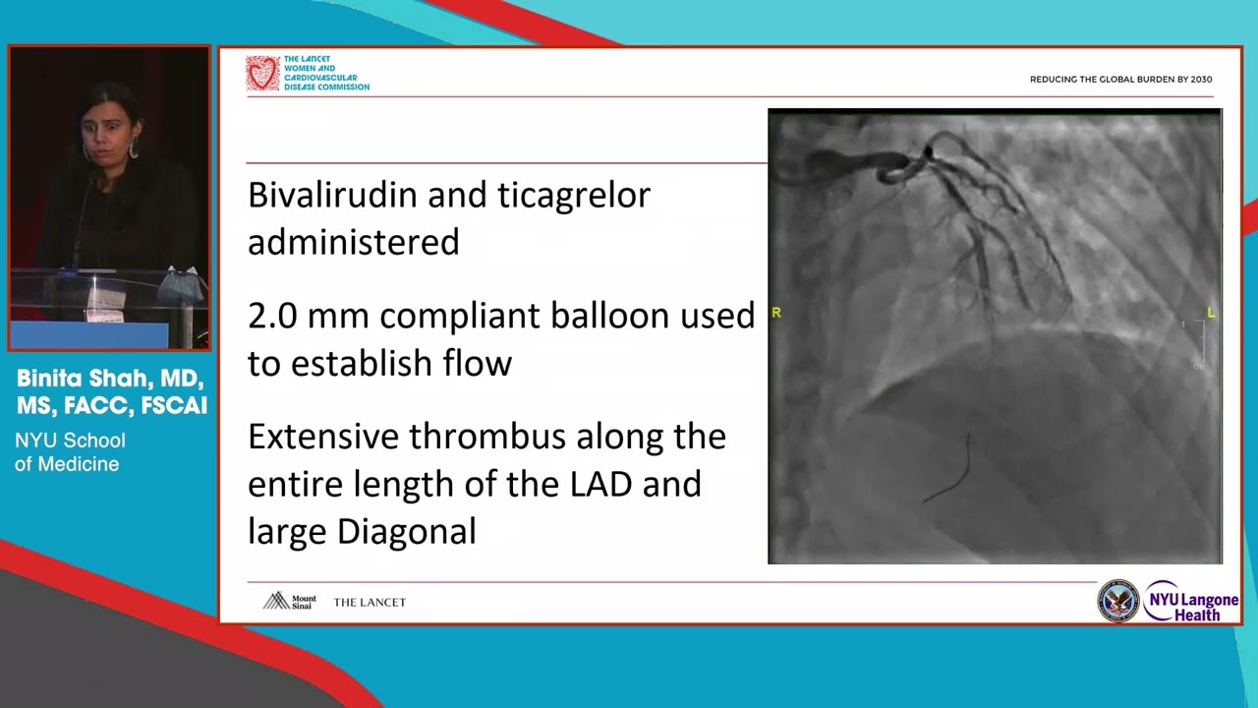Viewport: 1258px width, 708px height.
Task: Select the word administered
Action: point(353,242)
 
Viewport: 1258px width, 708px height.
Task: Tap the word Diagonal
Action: point(406,532)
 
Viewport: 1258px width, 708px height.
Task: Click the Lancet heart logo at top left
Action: point(262,74)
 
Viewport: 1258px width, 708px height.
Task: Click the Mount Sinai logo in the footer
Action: point(289,601)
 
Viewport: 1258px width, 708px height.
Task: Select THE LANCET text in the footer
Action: point(370,602)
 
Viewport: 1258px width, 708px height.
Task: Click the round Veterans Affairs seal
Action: point(1117,601)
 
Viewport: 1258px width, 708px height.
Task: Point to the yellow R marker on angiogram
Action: point(776,313)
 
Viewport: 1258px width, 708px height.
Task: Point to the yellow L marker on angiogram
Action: point(1211,313)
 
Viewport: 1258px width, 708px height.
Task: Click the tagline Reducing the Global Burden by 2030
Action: point(1120,80)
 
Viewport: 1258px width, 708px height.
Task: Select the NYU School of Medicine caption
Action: point(69,452)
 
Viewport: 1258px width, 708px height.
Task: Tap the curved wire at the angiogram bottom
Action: point(953,472)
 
